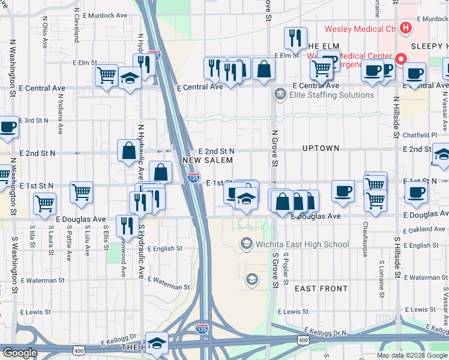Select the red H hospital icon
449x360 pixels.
coord(406,28)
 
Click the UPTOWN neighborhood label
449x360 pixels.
coord(321,148)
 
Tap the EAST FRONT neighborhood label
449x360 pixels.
coord(321,289)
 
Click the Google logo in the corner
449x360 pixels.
coord(20,353)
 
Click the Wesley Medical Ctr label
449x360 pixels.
coord(361,28)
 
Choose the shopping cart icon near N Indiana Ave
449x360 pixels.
coord(81,193)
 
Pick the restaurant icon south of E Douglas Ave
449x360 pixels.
coord(127,226)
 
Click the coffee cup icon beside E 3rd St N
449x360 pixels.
coord(8,127)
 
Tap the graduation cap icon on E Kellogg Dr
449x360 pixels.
coord(157,343)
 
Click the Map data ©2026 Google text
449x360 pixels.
coord(411,355)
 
